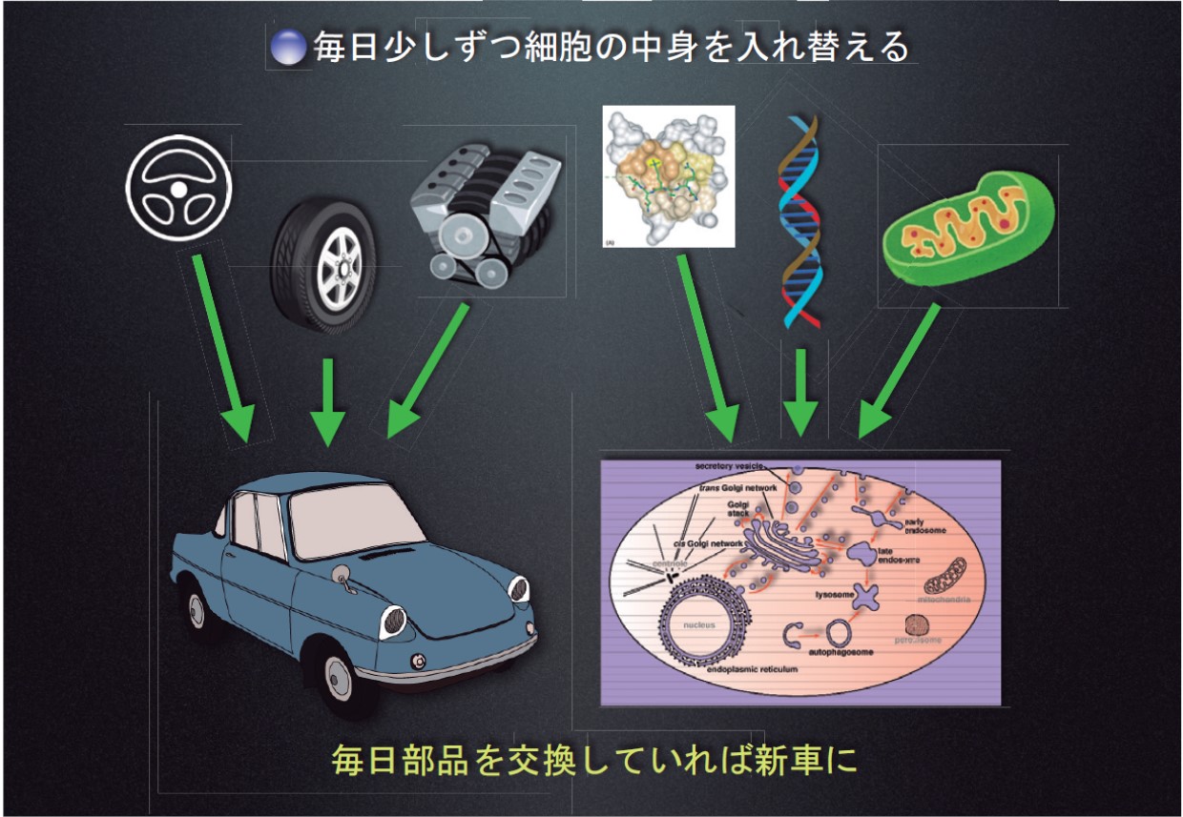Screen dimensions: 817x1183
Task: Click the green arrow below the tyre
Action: tap(328, 400)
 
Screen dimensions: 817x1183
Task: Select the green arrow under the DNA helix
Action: tap(799, 393)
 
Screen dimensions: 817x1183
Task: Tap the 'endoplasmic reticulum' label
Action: tap(752, 669)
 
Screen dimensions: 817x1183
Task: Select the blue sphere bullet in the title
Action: tap(287, 48)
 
